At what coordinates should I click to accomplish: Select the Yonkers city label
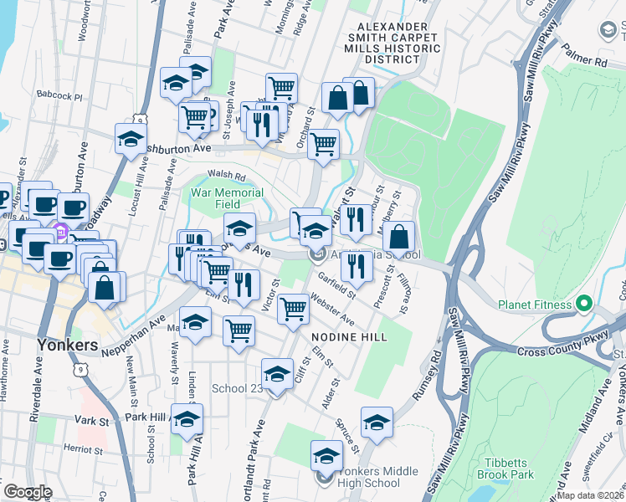pos(68,345)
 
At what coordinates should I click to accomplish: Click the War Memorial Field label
pos(228,197)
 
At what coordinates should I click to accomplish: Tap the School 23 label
pos(238,388)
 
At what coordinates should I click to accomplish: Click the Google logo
pos(28,492)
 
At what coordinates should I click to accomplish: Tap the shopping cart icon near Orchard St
pos(323,145)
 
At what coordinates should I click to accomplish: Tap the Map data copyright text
pos(589,495)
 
